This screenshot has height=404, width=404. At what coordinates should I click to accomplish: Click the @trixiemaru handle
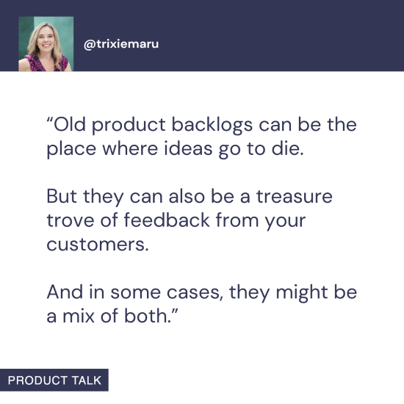click(121, 44)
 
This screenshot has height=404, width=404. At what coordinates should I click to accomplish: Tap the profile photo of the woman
click(46, 44)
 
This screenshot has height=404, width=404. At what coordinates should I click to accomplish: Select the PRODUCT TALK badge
click(54, 380)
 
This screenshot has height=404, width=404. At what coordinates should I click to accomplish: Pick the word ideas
click(179, 148)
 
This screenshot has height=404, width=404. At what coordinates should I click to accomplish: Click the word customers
click(97, 245)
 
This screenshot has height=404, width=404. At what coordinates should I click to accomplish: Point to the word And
click(65, 292)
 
